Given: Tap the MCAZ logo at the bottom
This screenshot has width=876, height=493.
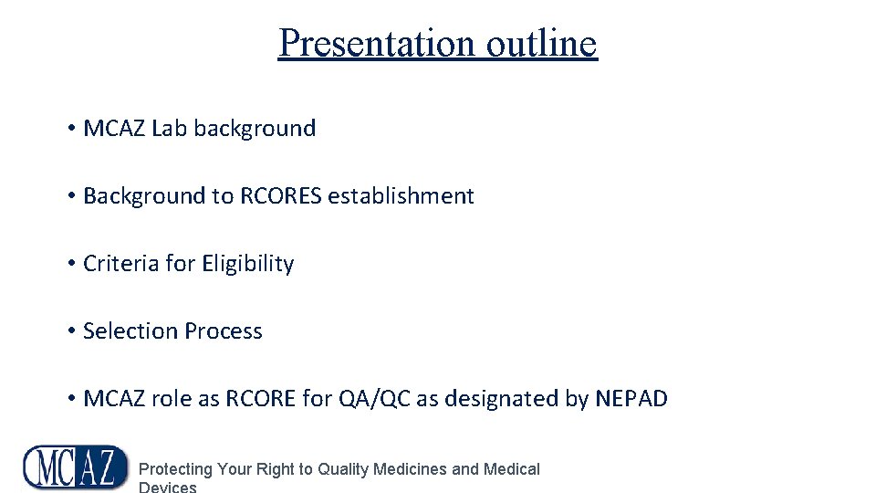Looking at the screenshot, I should [76, 467].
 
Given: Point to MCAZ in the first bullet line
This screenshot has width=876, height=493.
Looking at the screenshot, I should [114, 129].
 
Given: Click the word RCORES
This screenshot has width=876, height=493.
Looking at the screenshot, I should [281, 196].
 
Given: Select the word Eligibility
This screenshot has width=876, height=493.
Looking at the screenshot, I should [247, 264].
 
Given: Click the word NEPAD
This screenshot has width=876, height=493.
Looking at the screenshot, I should [631, 399].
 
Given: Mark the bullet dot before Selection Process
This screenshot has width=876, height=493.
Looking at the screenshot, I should [70, 331].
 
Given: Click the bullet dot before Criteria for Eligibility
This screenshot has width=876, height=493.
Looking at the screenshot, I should [70, 264].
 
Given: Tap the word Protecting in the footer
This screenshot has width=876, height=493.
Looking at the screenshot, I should [175, 469].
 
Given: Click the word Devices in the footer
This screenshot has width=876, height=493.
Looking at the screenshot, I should [167, 488].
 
